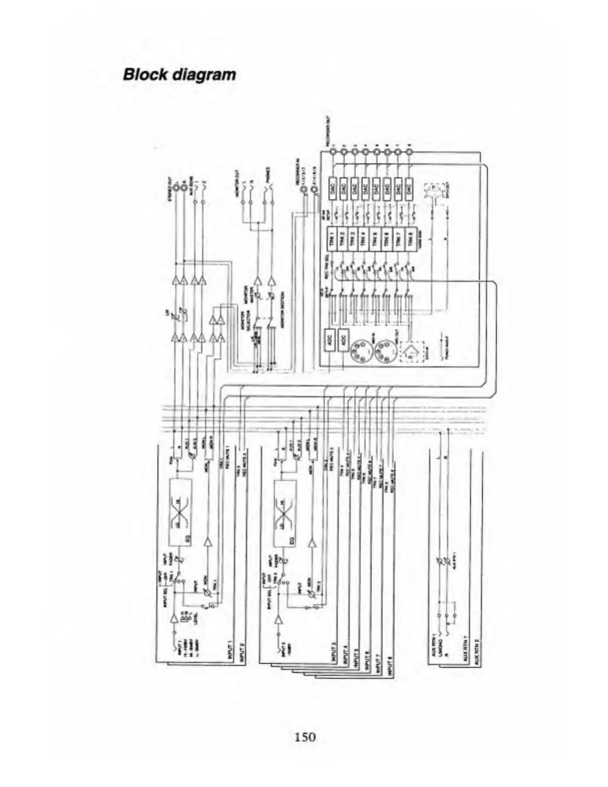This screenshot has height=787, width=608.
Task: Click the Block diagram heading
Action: [179, 75]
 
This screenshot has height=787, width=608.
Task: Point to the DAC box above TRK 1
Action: [332, 188]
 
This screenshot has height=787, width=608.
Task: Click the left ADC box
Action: [330, 340]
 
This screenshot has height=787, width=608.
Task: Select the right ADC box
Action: [343, 340]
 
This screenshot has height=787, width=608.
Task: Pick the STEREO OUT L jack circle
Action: [176, 190]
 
